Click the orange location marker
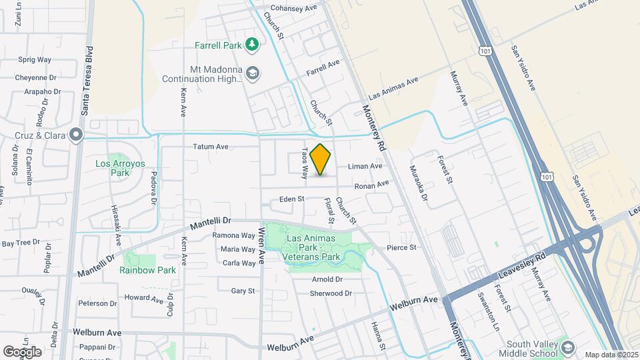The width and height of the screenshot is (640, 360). (321, 159)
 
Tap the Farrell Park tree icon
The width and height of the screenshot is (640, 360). (251, 45)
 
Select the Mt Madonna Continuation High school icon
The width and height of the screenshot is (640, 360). (252, 73)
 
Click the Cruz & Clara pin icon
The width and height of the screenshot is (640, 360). (76, 135)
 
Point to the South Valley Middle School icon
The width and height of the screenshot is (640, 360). (567, 347)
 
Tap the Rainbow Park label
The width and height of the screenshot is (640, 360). (148, 270)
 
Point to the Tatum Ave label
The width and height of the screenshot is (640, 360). (211, 147)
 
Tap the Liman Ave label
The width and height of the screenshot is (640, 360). (364, 165)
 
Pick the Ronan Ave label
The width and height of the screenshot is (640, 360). (371, 185)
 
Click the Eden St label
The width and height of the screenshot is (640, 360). (291, 199)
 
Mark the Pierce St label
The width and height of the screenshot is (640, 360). (401, 247)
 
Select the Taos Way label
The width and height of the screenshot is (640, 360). (305, 163)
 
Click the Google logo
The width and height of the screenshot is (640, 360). (22, 351)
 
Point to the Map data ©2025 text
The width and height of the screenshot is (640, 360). (611, 355)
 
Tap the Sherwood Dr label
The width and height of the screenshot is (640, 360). (331, 293)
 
